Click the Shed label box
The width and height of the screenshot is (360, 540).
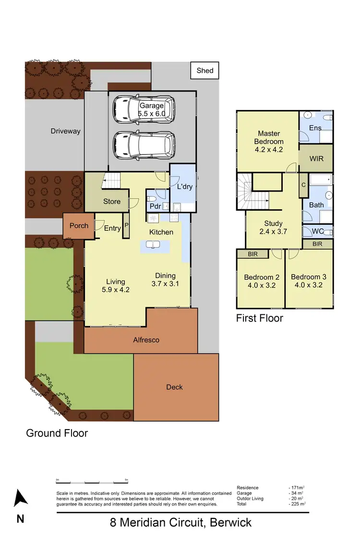(x=205, y=71)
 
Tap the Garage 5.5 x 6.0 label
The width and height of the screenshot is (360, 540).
(x=152, y=109)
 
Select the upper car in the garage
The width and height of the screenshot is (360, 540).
(x=144, y=109)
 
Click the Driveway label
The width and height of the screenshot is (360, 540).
(x=66, y=131)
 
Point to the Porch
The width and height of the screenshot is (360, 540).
(x=79, y=226)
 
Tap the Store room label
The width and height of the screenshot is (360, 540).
(x=112, y=202)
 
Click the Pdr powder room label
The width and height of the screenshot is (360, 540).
(x=155, y=207)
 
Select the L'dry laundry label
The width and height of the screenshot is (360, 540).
(x=185, y=186)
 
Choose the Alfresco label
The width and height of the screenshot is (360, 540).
(x=146, y=340)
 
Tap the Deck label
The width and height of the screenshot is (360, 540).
(x=174, y=387)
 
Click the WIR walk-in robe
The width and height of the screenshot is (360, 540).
(x=315, y=158)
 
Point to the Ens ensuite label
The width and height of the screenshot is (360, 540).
(x=315, y=128)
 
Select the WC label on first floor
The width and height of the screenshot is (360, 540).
(x=318, y=231)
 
